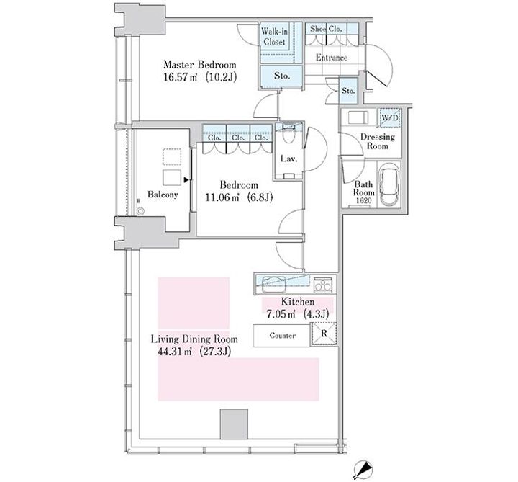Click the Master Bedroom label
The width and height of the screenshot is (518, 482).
(x=200, y=64)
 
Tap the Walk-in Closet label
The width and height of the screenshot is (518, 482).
(x=274, y=37)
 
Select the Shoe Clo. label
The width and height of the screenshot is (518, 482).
(x=326, y=29)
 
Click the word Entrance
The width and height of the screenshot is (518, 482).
(x=332, y=58)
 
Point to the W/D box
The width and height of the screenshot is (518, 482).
(x=390, y=117)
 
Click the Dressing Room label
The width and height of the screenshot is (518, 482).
(x=378, y=141)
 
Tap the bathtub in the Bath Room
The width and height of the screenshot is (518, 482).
(x=389, y=184)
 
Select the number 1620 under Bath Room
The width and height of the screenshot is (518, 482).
(x=363, y=200)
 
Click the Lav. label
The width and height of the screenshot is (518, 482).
(x=288, y=159)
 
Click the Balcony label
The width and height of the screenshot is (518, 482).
(x=163, y=195)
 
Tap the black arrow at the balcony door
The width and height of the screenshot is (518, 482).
(x=186, y=179)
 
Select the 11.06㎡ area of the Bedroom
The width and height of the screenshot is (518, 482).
(x=222, y=197)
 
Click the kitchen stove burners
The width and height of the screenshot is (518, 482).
(x=323, y=285)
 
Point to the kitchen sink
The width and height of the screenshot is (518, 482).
(x=274, y=285)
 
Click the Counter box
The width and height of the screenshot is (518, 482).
(x=282, y=336)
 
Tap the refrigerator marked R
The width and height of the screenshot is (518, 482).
(x=324, y=334)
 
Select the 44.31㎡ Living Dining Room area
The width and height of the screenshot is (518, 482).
(x=175, y=352)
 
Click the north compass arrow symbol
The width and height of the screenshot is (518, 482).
(x=363, y=470)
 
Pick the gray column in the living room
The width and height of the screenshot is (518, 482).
(x=234, y=424)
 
